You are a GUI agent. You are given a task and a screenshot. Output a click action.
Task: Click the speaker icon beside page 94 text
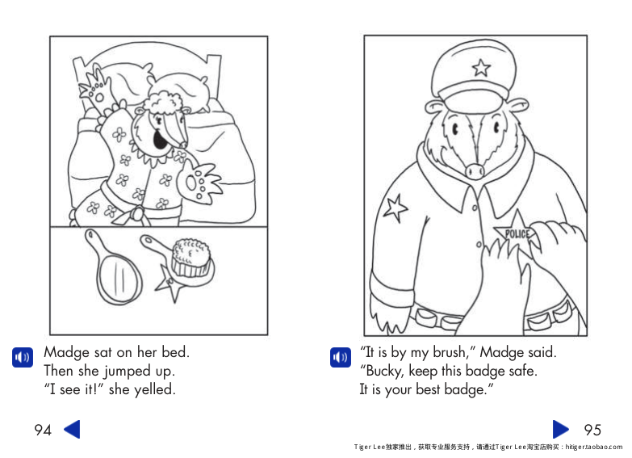(23, 356)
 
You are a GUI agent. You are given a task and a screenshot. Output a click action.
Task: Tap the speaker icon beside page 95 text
(341, 356)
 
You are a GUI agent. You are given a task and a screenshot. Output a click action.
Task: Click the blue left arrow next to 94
(72, 429)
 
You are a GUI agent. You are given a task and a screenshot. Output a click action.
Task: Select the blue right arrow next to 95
(561, 429)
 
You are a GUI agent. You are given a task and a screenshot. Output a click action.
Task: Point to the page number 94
(43, 430)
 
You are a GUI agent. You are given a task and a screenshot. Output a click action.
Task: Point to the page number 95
(592, 430)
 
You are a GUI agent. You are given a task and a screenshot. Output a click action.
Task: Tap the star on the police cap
(481, 68)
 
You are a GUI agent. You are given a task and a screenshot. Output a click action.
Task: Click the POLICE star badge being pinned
(517, 234)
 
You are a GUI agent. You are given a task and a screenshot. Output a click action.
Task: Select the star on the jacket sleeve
(395, 208)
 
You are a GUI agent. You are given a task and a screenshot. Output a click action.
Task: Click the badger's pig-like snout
(475, 170)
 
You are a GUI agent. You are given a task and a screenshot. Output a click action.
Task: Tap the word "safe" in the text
(521, 371)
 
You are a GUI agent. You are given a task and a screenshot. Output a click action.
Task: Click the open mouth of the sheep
(160, 141)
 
